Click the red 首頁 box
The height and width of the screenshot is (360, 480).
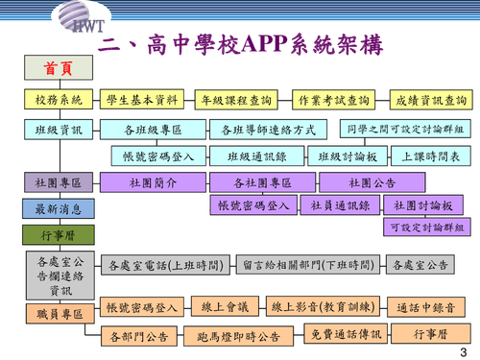[55, 69]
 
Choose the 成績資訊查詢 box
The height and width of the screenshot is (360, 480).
[430, 100]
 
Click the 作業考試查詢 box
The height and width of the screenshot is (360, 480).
[334, 100]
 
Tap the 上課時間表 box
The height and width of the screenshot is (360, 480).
[429, 156]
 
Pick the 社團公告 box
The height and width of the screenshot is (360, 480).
[372, 181]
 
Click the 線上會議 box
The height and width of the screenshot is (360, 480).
[225, 307]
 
